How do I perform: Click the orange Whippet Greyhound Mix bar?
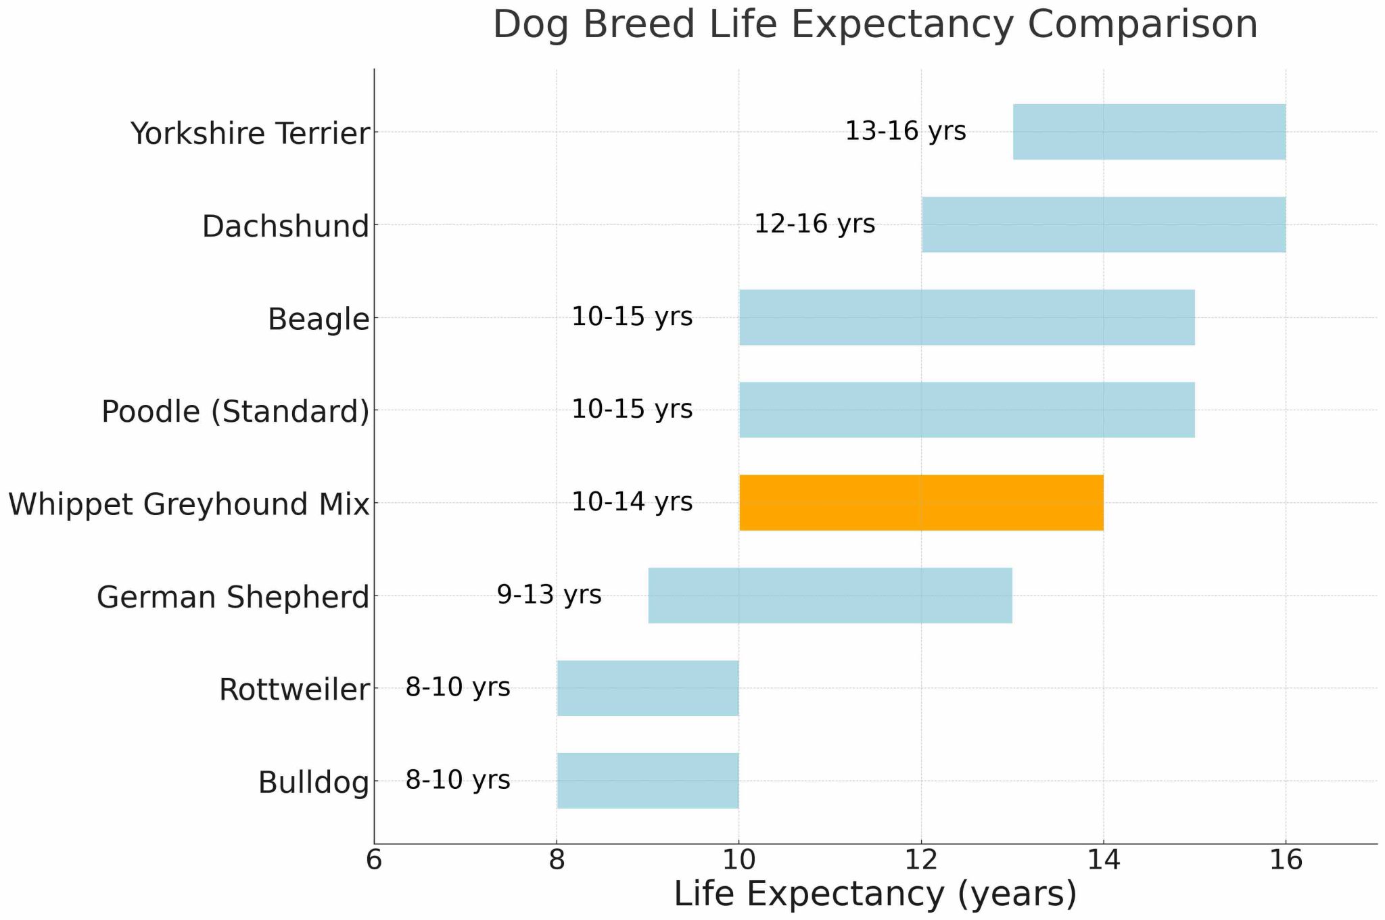pyautogui.click(x=921, y=502)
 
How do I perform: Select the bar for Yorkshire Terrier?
pyautogui.click(x=1149, y=132)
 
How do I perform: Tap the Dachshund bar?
pyautogui.click(x=1104, y=224)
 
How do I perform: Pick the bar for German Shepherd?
pyautogui.click(x=830, y=595)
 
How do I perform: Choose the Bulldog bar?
pyautogui.click(x=648, y=780)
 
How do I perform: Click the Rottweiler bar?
pyautogui.click(x=648, y=687)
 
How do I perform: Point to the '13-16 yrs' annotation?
pyautogui.click(x=906, y=131)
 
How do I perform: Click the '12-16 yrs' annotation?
pyautogui.click(x=814, y=224)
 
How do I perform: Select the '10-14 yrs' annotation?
pyautogui.click(x=632, y=502)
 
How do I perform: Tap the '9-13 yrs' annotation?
pyautogui.click(x=548, y=595)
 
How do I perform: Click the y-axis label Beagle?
pyautogui.click(x=319, y=319)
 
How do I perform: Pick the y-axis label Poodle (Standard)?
pyautogui.click(x=235, y=411)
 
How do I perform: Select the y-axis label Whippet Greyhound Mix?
pyautogui.click(x=189, y=504)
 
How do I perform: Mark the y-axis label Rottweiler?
pyautogui.click(x=294, y=690)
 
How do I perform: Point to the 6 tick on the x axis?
pyautogui.click(x=374, y=861)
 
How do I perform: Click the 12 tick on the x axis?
pyautogui.click(x=921, y=861)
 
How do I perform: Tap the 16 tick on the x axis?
pyautogui.click(x=1286, y=861)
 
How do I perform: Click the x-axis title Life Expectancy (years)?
pyautogui.click(x=875, y=894)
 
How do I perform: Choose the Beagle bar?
pyautogui.click(x=966, y=317)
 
